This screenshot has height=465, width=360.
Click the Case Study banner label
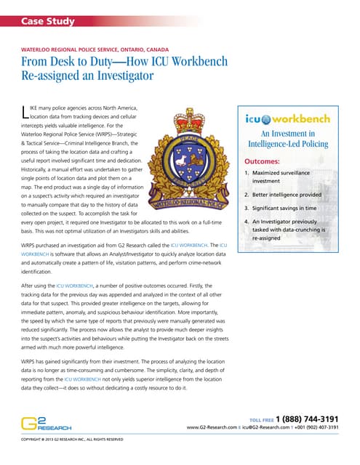pyautogui.click(x=48, y=21)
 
